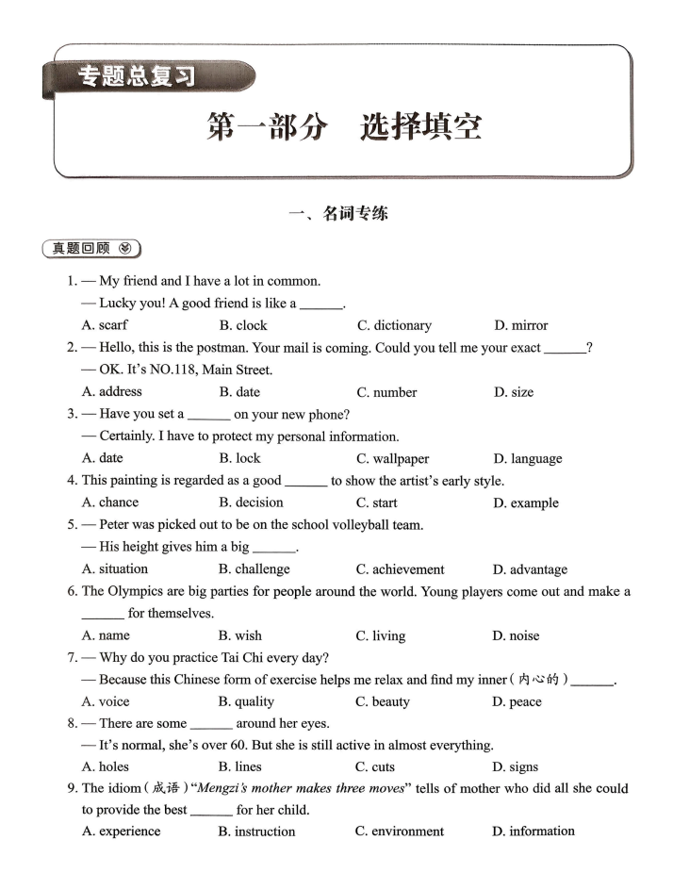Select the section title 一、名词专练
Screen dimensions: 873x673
pos(337,214)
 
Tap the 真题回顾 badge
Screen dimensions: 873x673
pos(91,249)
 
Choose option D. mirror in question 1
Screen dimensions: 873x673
pos(520,325)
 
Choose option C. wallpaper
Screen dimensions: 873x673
pos(392,459)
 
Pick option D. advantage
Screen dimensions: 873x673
pos(529,569)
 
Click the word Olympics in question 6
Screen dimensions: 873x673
pos(138,591)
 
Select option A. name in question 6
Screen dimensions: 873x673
pos(106,635)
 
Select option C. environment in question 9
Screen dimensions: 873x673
pos(400,832)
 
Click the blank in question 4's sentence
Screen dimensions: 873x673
pos(305,481)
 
